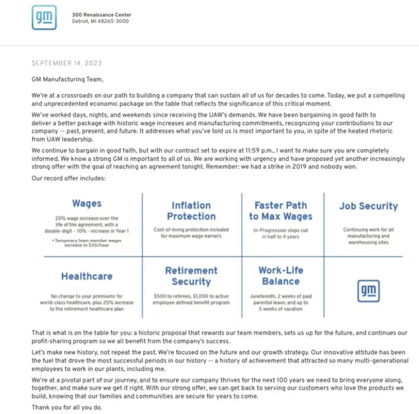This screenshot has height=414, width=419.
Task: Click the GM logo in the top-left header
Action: (x=44, y=18)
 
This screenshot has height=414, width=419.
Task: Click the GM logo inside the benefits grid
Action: (x=368, y=291)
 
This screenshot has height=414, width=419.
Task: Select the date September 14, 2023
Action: (x=66, y=63)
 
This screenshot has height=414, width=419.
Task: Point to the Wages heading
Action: (x=86, y=203)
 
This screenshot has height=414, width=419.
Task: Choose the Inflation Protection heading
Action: (x=191, y=211)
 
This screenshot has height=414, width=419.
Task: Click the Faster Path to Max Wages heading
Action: (x=280, y=211)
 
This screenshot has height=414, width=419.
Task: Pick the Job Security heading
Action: (x=368, y=206)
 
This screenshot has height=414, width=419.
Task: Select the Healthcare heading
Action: (x=86, y=276)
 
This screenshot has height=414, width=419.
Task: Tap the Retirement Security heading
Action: (x=191, y=276)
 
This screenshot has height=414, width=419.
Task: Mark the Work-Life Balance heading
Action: (x=280, y=276)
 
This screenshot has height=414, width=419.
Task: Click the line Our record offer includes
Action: (x=68, y=178)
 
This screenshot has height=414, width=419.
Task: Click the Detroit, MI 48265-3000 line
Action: (x=100, y=22)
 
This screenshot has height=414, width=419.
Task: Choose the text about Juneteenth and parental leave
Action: (x=280, y=302)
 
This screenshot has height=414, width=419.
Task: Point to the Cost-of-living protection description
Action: (x=191, y=232)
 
